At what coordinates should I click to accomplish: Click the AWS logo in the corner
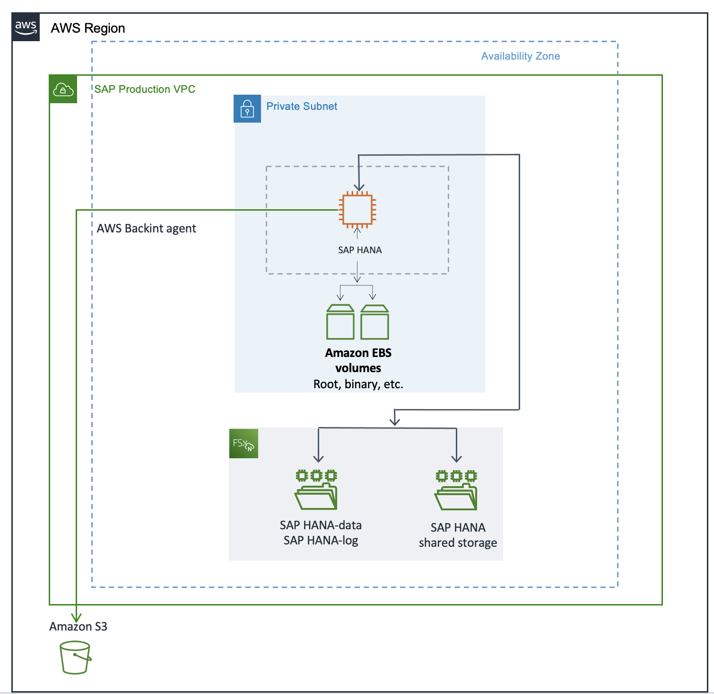coord(26,27)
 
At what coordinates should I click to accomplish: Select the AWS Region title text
coord(88,28)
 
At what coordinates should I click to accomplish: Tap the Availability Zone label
coord(520,56)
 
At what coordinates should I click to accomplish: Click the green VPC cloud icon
coord(63,89)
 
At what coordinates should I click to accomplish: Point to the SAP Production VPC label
coord(145,89)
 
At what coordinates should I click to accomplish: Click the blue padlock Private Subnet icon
coord(247,109)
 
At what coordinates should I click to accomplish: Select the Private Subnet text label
coord(302,107)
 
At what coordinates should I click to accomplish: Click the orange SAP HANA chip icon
coord(357,209)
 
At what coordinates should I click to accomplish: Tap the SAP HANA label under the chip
coord(360,250)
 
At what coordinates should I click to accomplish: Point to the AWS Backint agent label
coord(146,229)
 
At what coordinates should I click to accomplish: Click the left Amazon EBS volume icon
coord(340,322)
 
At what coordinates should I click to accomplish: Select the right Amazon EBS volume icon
coord(374,322)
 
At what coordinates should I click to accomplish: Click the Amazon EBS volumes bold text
coord(358,360)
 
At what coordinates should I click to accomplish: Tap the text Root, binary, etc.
coord(358,384)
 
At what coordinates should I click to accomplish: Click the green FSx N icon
coord(244,444)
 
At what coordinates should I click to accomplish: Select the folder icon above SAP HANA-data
coord(316,490)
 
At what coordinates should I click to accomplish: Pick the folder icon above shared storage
coord(456,490)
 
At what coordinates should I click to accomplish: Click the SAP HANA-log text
coord(321,541)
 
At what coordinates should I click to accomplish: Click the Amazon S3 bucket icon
coord(75,658)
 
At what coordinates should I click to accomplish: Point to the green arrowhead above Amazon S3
coord(76,617)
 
